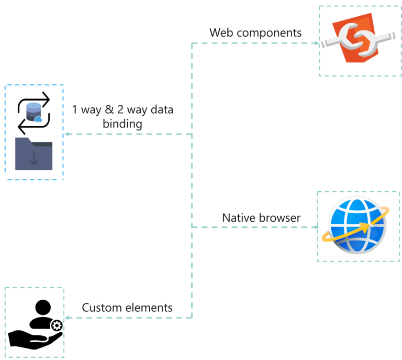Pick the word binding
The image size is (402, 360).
pos(122,124)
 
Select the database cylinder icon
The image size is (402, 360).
pos(33,112)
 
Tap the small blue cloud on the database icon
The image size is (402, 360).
pos(38,119)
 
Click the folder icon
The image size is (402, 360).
pos(33,154)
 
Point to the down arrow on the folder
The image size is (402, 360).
pos(33,158)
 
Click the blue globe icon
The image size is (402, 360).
pos(357,225)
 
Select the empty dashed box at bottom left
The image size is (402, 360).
pos(34,322)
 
